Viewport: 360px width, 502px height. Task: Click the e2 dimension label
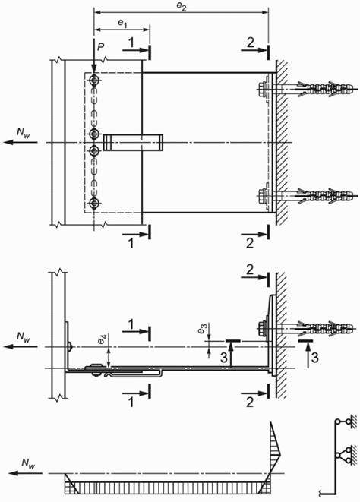pos(182,7)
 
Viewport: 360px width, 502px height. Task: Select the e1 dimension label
pos(122,23)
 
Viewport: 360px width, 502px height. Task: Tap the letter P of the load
pos(101,47)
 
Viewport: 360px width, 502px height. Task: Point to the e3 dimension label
pos(202,329)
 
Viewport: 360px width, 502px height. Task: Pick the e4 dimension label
pos(102,340)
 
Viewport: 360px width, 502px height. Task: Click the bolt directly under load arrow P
pos(94,80)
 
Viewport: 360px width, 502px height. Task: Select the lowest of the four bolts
pos(94,203)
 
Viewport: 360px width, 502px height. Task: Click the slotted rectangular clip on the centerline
pos(133,143)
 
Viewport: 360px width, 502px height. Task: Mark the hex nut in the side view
pos(262,328)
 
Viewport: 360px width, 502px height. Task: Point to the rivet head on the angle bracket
pos(71,347)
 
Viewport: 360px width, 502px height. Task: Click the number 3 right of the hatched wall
pos(315,358)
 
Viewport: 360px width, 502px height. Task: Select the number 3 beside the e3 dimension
pos(224,358)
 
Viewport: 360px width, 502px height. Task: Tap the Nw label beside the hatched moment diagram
pos(28,463)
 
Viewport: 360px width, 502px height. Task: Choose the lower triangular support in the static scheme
pos(344,455)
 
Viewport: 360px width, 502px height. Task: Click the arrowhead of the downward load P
pos(93,69)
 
